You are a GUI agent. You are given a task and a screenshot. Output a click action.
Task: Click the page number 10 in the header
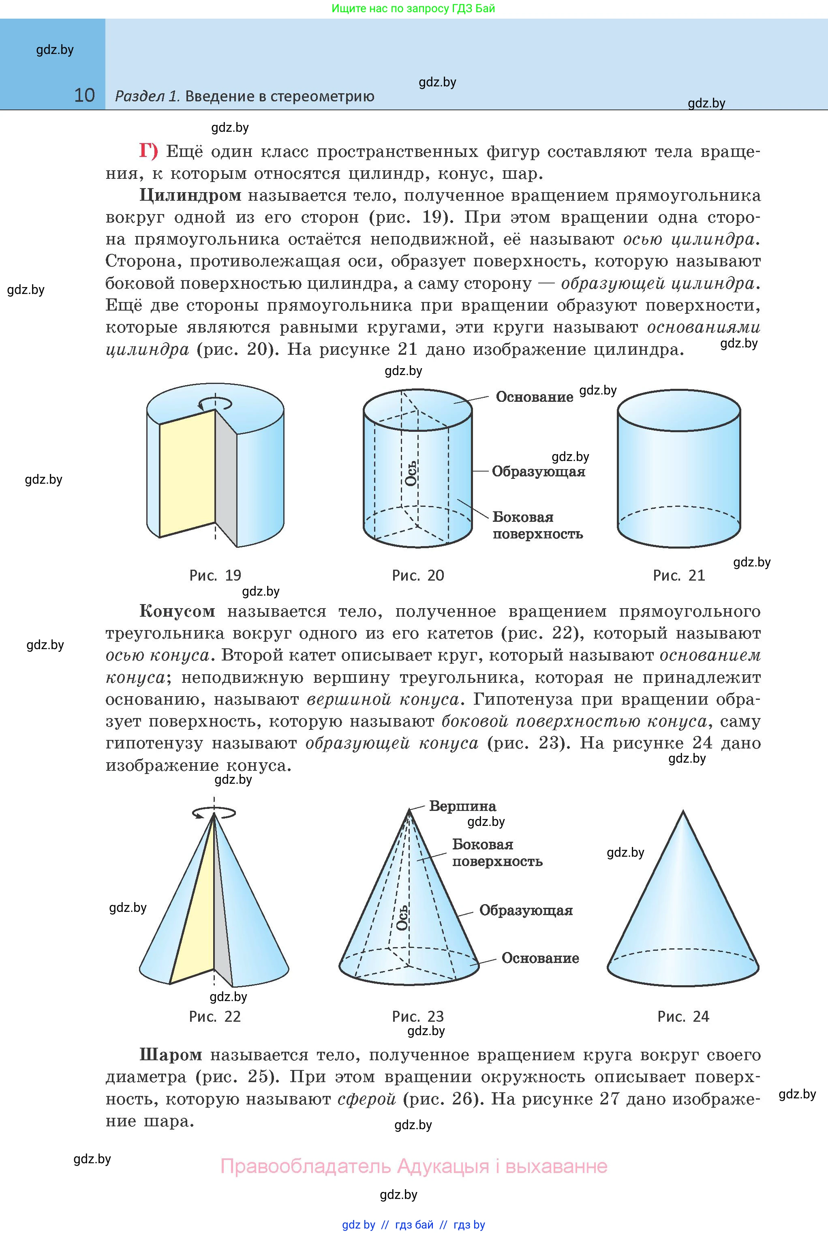[x=84, y=95]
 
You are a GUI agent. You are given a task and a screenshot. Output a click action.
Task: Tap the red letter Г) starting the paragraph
[x=148, y=151]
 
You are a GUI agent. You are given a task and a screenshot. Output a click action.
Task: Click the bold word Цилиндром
[x=190, y=195]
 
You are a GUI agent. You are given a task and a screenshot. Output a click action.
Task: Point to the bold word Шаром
[x=171, y=1055]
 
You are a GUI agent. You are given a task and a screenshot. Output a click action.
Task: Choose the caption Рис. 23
[x=418, y=1016]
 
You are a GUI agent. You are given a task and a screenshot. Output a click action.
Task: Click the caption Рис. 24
[x=683, y=1016]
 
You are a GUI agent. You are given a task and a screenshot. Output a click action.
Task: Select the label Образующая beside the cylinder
[x=538, y=471]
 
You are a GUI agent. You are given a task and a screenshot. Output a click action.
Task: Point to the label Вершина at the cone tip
[x=462, y=806]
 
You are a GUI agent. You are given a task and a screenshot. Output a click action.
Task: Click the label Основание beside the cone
[x=540, y=958]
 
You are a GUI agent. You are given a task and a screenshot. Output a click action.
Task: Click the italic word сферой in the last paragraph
[x=366, y=1099]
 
